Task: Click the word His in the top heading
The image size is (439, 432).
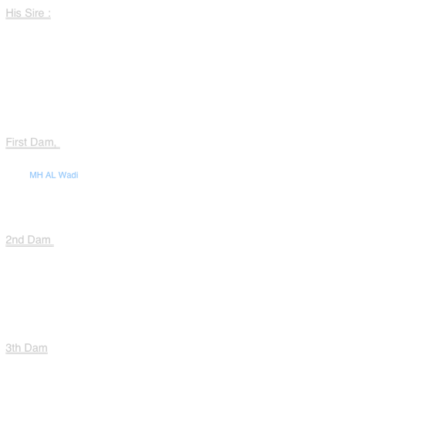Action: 13,13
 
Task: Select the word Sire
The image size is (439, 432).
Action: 35,13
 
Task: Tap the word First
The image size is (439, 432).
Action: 16,142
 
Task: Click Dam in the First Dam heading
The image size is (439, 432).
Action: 42,142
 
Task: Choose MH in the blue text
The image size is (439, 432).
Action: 36,175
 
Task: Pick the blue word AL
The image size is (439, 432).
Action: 51,175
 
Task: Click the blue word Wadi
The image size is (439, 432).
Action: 68,175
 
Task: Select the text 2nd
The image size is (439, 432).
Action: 15,240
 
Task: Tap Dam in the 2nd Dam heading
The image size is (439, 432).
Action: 39,240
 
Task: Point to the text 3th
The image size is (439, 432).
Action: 13,348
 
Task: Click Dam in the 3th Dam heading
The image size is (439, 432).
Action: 35,348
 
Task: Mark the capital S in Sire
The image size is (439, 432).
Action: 29,13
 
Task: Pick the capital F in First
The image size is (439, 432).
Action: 9,142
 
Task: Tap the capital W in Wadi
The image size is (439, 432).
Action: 62,175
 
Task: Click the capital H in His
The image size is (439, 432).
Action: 9,13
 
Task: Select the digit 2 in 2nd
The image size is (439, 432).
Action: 8,240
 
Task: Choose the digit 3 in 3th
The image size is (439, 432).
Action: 8,348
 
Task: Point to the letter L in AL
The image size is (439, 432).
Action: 53,175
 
